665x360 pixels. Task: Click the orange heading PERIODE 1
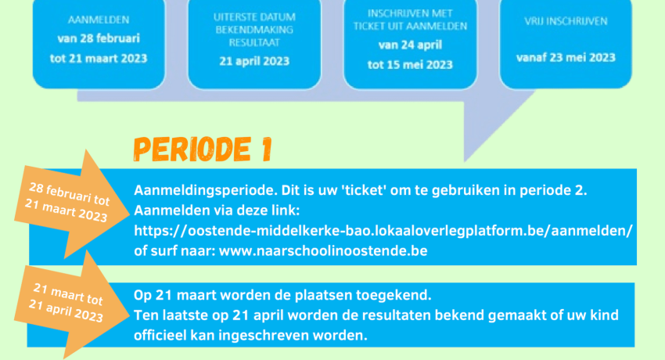(203, 149)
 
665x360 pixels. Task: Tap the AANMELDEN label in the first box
(99, 20)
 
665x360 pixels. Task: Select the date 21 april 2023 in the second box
(254, 61)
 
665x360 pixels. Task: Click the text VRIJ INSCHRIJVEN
(566, 21)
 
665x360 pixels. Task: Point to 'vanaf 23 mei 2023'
(566, 57)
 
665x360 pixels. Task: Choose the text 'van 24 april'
(410, 45)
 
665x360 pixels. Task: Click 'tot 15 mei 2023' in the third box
(410, 65)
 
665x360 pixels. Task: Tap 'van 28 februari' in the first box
(99, 38)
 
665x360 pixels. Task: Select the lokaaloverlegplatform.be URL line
(383, 231)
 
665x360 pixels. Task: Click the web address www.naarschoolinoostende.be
(323, 251)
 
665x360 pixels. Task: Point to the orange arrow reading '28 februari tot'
(72, 204)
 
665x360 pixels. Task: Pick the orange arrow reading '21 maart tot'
(71, 304)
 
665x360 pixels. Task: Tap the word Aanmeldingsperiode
(206, 191)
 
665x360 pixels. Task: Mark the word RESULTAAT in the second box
(254, 43)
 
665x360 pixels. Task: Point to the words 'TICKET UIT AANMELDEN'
(410, 27)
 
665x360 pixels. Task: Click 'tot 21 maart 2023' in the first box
(99, 59)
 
